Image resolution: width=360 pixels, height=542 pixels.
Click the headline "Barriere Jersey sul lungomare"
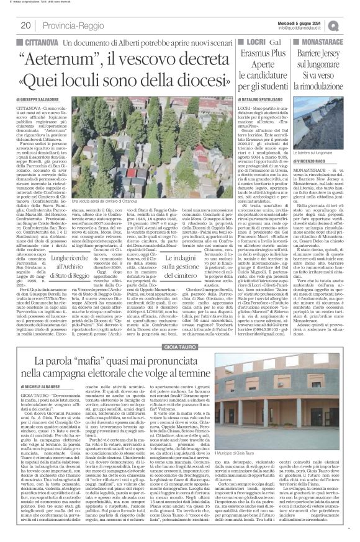[327, 61]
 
